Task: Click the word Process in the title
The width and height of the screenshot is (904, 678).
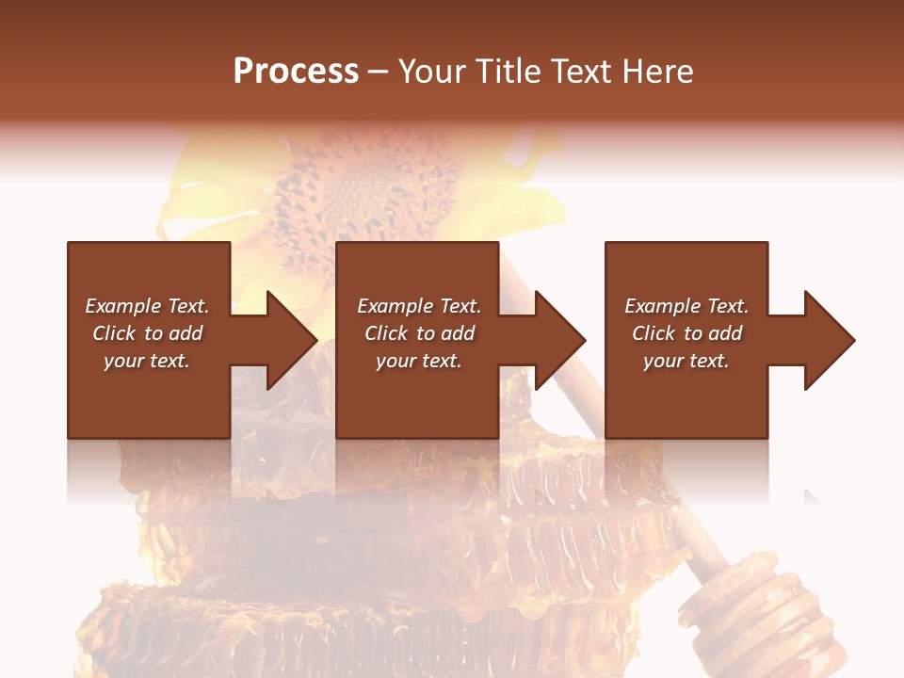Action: (x=296, y=72)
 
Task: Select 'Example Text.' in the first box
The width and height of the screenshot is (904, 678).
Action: (x=147, y=306)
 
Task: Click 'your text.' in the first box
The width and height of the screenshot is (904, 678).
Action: (x=147, y=361)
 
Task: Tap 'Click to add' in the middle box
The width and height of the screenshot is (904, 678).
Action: (x=419, y=333)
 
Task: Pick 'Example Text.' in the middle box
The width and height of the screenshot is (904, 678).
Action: (x=419, y=306)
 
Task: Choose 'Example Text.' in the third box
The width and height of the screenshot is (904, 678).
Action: (x=686, y=306)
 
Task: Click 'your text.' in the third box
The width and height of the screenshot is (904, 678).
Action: (x=686, y=361)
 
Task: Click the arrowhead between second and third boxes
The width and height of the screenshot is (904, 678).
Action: (x=559, y=340)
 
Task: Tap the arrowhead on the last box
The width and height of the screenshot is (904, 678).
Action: (x=829, y=340)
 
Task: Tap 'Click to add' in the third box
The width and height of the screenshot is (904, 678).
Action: (x=686, y=333)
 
